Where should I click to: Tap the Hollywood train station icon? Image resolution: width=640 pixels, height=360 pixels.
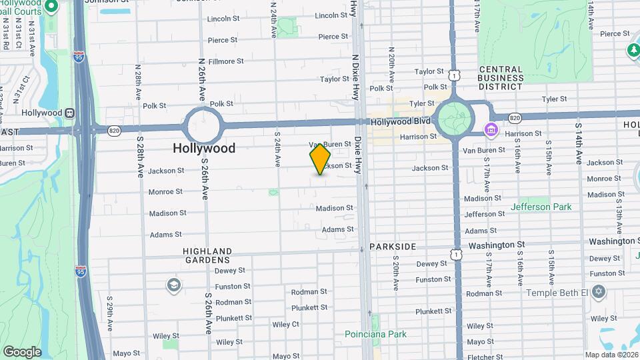(68, 113)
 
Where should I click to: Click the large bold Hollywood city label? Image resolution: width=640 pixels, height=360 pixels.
(204, 148)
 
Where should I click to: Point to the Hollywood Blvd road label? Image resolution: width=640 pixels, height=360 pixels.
(399, 122)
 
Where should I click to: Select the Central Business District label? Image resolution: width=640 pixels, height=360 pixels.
(501, 77)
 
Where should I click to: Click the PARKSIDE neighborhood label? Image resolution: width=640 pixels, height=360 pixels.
(393, 247)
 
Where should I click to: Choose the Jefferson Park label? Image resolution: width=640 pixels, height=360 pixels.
(541, 207)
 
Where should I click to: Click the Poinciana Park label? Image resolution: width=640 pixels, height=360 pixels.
(375, 334)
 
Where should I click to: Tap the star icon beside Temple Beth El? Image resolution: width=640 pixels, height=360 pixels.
(599, 292)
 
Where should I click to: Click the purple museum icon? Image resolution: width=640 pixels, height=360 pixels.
(491, 129)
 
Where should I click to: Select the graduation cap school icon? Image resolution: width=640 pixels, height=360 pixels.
(173, 285)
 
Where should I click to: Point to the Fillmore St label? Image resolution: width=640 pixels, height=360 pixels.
(225, 61)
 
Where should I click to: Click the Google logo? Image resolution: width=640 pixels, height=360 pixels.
(22, 351)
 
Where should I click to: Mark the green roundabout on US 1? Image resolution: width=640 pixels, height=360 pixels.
(454, 118)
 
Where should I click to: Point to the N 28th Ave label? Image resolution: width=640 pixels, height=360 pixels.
(139, 82)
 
